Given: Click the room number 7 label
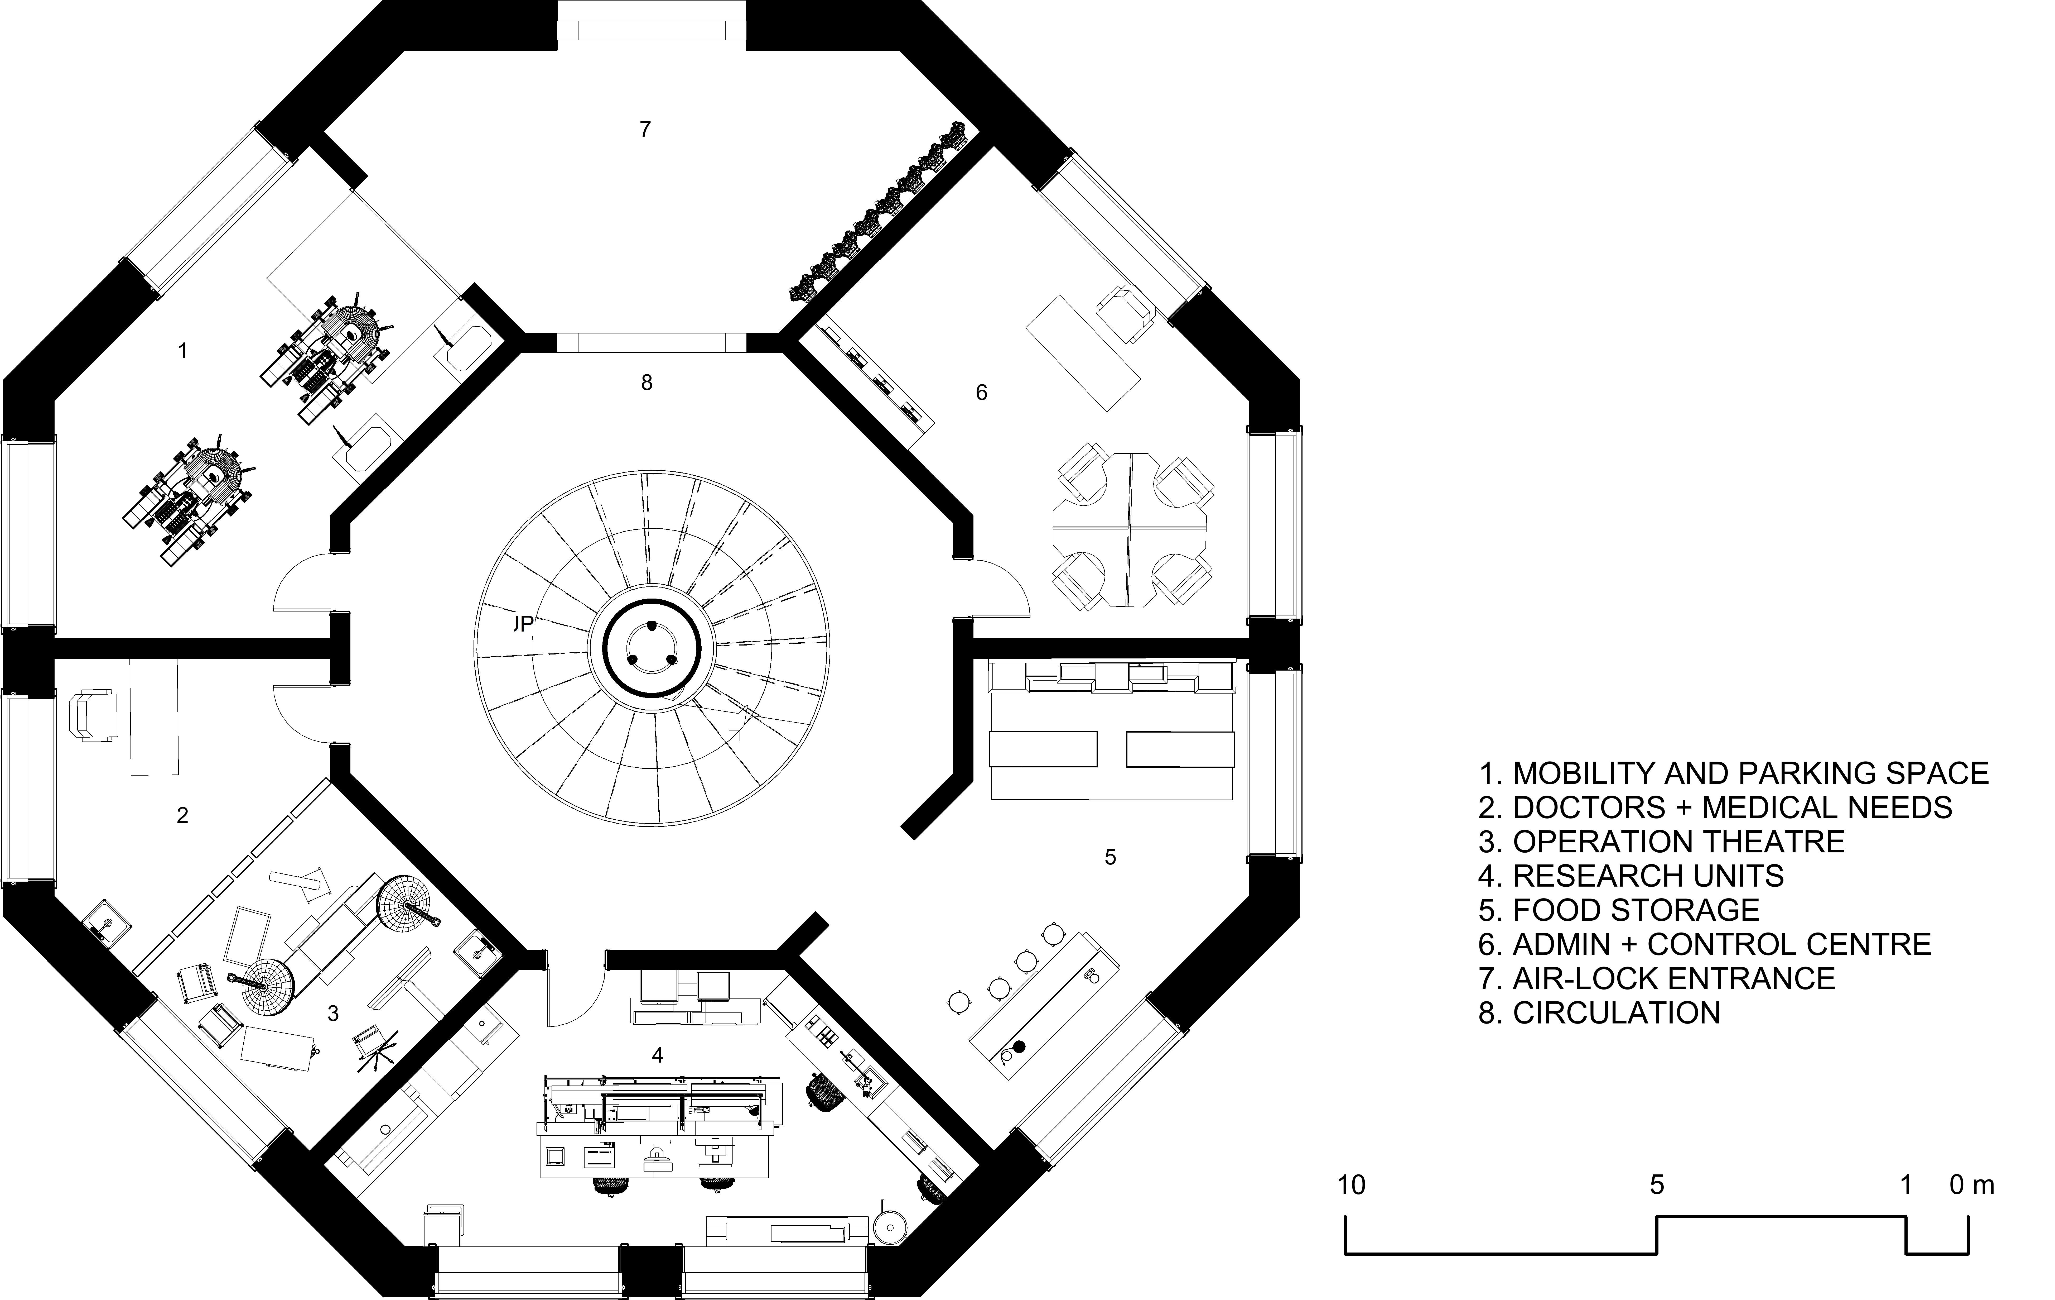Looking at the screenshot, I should pos(645,130).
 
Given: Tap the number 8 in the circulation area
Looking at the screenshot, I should pos(647,383).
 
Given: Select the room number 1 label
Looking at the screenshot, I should pos(182,351).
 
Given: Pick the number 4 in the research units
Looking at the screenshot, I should pos(657,1056).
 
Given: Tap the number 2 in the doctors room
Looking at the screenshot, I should pos(182,816).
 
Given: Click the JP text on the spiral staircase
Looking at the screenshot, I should pos(523,624).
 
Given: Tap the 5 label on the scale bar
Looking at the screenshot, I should pos(1656,1186).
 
